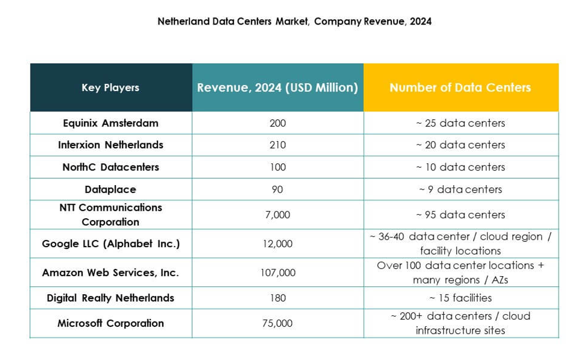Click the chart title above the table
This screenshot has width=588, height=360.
[295, 22]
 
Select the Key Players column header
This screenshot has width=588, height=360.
[111, 88]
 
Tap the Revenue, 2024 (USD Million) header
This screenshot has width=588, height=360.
[277, 88]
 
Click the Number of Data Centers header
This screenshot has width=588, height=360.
[461, 88]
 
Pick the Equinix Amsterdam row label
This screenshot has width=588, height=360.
[111, 123]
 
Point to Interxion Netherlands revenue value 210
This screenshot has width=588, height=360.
[278, 145]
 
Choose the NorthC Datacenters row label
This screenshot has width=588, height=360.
[111, 167]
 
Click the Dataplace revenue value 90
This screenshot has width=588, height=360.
[278, 190]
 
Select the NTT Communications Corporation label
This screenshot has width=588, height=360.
[111, 215]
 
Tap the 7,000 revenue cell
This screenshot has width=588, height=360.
[278, 215]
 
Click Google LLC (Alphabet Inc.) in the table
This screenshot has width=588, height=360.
[111, 243]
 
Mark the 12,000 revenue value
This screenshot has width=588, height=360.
[278, 244]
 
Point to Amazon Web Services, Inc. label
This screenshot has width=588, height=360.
[111, 272]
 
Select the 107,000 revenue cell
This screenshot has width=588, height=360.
[278, 273]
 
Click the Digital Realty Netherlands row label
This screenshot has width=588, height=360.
[111, 298]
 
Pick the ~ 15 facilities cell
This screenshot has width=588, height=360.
[461, 298]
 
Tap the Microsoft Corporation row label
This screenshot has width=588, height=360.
[111, 323]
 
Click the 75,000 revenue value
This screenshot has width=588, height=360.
[278, 324]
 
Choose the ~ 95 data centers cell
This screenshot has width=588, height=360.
[461, 215]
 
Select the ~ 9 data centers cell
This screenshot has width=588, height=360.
[461, 190]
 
